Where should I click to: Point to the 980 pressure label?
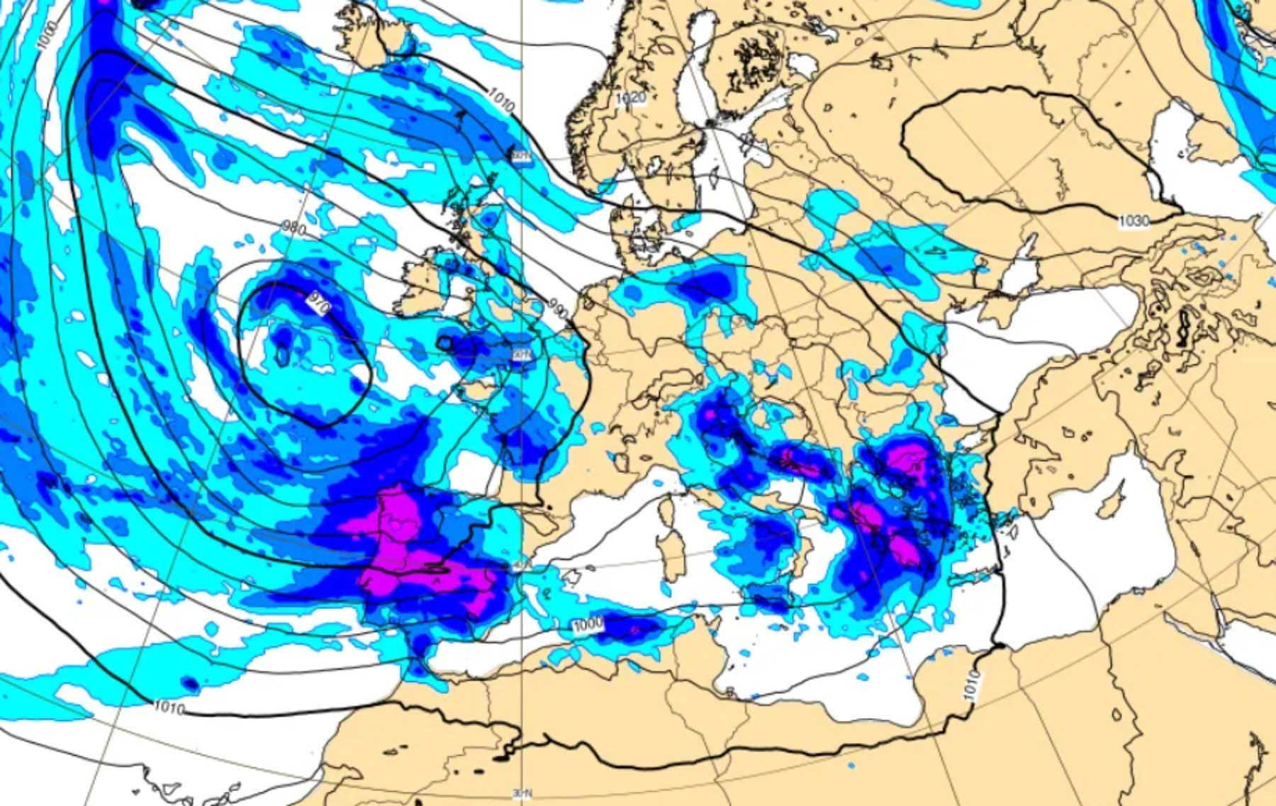point(293,228)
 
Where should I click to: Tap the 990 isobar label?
point(559,309)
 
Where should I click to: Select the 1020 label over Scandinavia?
point(630,98)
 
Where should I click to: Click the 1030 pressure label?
point(1133,222)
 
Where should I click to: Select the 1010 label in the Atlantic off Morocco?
point(169,707)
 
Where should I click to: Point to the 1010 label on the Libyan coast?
point(973,685)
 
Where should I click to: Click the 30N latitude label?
point(522,795)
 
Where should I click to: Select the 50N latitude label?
point(522,354)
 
